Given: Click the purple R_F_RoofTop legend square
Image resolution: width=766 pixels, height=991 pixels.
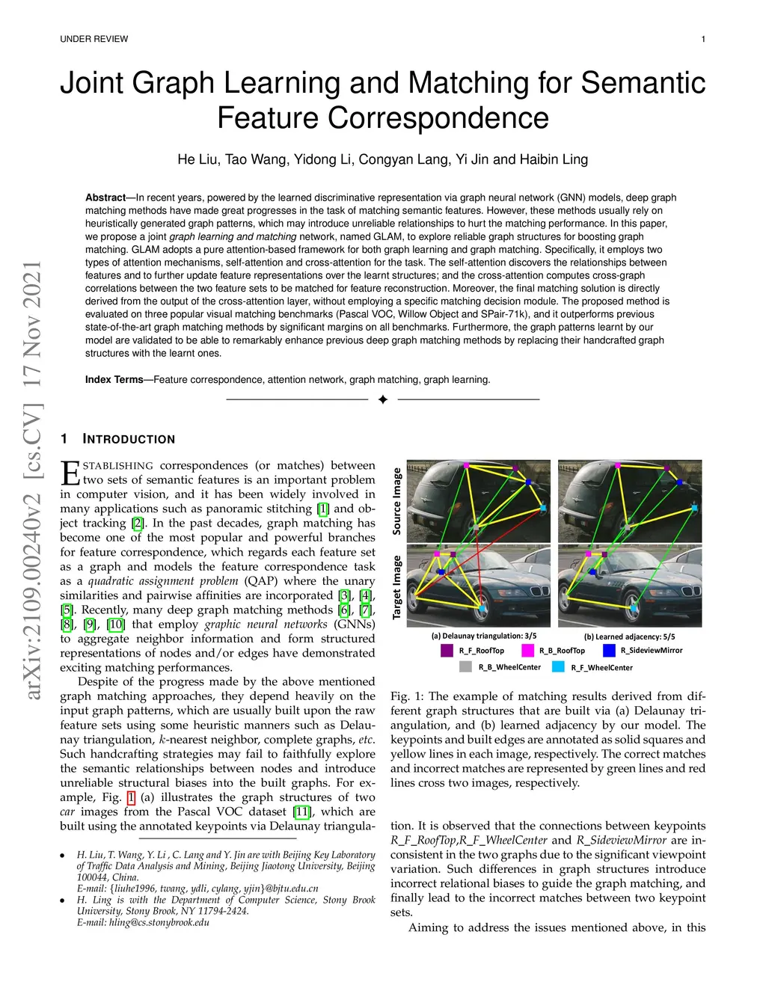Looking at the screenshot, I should [447, 651].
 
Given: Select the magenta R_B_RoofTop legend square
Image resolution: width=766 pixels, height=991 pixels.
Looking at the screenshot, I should [528, 651].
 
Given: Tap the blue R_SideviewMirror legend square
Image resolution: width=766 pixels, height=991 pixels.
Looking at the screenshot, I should [609, 651].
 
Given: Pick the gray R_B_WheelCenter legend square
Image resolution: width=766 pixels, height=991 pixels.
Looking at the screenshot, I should [466, 667].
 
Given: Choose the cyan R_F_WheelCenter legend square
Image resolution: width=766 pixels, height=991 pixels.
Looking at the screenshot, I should [558, 667].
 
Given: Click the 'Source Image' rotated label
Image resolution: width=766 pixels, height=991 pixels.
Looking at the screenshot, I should [396, 501].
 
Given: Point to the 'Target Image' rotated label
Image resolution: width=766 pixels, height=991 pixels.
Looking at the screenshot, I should [396, 587].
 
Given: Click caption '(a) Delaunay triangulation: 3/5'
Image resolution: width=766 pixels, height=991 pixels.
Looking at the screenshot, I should [483, 636].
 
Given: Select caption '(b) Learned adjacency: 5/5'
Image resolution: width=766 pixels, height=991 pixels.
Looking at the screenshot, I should [629, 636].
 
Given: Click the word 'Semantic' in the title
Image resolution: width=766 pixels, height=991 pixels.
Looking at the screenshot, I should [643, 83].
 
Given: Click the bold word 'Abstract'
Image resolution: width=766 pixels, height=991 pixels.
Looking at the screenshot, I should [105, 197].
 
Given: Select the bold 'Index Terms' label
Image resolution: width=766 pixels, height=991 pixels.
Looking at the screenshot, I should [114, 380].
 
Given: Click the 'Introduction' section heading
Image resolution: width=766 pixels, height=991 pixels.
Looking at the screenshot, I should [129, 439].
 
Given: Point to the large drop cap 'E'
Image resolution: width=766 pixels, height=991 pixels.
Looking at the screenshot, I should [70, 473].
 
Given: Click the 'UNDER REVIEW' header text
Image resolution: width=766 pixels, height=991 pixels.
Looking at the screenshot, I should [94, 39].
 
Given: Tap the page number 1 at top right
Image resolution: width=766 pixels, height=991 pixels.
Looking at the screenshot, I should [703, 39].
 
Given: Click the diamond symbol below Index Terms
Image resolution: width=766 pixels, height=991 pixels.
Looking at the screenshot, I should [383, 399].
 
